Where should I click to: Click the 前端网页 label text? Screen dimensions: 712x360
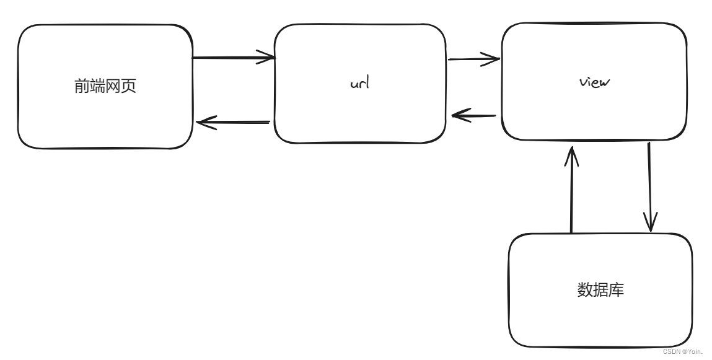coord(105,86)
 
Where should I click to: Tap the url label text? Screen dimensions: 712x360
coord(359,82)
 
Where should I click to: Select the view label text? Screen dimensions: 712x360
coord(594,82)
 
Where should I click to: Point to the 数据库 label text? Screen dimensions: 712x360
coord(600,289)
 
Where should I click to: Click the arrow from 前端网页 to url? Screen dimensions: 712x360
coord(234,57)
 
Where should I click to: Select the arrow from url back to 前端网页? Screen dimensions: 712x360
coord(234,122)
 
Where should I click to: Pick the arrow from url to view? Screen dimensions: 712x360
coord(473,59)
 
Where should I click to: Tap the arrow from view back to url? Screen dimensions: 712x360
coord(473,116)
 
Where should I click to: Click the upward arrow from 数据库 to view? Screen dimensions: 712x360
coord(571,190)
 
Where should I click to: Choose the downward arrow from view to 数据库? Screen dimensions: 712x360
coord(650,187)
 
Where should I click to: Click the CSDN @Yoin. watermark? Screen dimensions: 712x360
coord(682,352)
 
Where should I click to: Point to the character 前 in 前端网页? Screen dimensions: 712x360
coord(82,86)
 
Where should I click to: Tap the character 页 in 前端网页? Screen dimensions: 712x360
coord(129,86)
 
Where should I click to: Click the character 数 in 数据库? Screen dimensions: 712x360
coord(585,289)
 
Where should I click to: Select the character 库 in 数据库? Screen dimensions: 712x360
coord(617,289)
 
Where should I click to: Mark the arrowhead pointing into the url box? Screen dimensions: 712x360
coord(267,57)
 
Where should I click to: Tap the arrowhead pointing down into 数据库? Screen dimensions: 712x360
coord(650,222)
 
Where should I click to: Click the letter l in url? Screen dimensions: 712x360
coord(367,82)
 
